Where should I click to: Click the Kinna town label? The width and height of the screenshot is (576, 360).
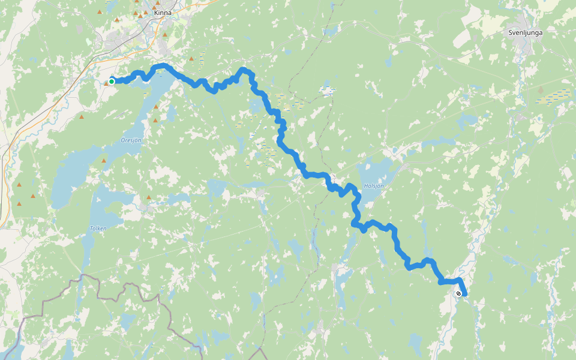(x=162, y=13)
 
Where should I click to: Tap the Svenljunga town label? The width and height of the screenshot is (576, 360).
(x=525, y=32)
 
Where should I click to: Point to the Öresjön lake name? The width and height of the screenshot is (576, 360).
(x=130, y=141)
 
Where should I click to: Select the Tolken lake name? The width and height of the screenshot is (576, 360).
(x=98, y=228)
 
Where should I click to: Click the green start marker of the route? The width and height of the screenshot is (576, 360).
(x=112, y=82)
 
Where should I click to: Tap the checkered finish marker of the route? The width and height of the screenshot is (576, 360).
(x=458, y=293)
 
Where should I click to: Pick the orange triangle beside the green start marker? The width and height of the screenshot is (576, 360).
(x=106, y=83)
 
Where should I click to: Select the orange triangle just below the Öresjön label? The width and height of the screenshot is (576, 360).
(x=104, y=161)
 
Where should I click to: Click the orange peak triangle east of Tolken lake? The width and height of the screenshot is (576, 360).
(x=149, y=197)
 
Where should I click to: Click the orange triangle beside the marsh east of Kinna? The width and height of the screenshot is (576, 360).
(x=191, y=59)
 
